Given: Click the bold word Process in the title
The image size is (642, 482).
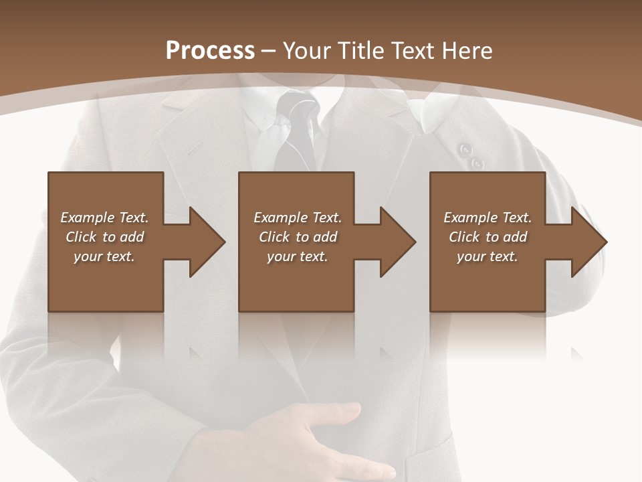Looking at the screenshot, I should (210, 51).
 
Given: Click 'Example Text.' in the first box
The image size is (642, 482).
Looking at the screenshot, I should (104, 218).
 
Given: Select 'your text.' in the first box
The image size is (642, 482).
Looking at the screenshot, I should (104, 256).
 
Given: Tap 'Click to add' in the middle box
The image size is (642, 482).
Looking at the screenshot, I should (298, 237).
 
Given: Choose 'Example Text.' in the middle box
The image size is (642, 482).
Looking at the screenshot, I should (298, 218).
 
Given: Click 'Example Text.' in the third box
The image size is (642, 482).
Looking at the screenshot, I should (488, 218).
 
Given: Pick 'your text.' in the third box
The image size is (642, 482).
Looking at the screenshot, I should (488, 256).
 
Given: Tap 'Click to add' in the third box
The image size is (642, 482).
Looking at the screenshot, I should (488, 237).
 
